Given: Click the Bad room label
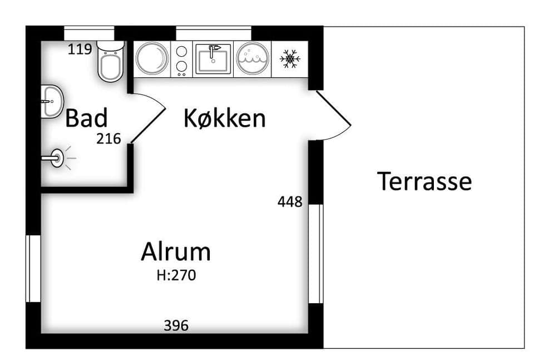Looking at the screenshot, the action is point(86,118).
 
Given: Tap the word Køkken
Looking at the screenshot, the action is point(224,118).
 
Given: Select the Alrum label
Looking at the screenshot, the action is point(176,251).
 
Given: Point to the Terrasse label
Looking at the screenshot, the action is point(424,181).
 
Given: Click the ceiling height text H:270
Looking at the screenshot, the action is point(176,275).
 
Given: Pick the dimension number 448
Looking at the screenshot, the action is point(290,201).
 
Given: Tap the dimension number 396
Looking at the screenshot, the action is point(176,326).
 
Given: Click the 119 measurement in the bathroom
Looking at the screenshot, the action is point(80,50).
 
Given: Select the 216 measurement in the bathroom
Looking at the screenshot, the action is point(108,139).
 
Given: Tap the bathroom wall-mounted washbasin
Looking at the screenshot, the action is point(52,101).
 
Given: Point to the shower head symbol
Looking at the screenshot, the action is point(56,158).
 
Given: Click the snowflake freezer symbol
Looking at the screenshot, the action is point(290,58).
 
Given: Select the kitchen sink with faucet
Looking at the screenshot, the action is point(213,58).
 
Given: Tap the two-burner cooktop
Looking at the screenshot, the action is point(181,59).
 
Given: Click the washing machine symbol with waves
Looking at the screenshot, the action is point(253,58).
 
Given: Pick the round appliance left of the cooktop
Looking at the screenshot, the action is point(152,58).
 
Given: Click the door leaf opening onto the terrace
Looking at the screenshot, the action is point(333,107).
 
